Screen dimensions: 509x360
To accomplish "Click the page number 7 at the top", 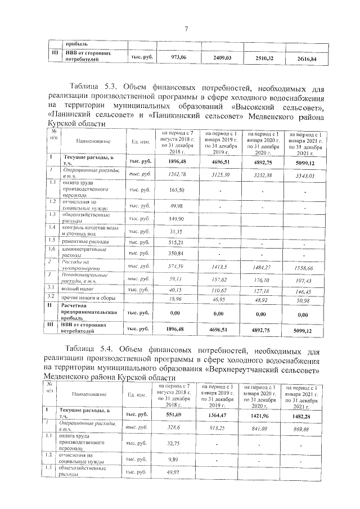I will tap(185, 29).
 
